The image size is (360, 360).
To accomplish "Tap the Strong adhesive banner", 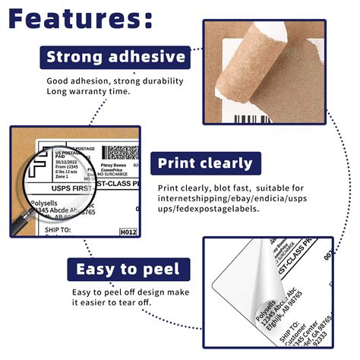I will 115,56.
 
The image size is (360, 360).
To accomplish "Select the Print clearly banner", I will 205,163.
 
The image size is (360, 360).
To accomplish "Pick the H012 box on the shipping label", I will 128,232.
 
